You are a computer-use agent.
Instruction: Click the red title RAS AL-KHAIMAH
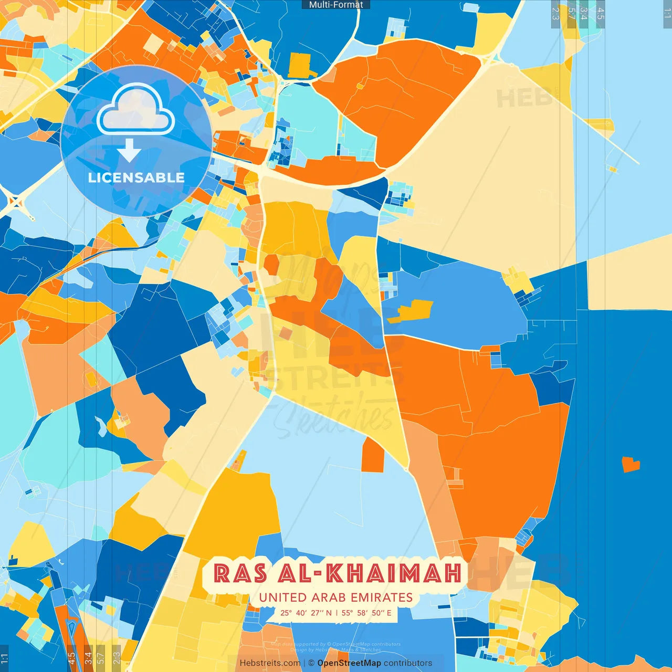[x=338, y=573]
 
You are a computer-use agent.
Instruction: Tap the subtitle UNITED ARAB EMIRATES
[x=336, y=597]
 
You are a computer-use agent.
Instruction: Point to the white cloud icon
[x=136, y=110]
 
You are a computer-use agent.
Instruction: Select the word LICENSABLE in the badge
[x=136, y=177]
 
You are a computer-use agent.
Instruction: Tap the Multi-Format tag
[x=336, y=5]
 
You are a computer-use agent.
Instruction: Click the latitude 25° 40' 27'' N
[x=306, y=613]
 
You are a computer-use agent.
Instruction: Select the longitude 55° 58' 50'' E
[x=366, y=613]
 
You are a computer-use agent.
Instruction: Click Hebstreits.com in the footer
[x=270, y=663]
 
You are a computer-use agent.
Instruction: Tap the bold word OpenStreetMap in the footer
[x=349, y=663]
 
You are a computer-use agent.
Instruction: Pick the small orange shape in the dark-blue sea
[x=631, y=464]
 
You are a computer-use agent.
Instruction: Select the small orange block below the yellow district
[x=373, y=455]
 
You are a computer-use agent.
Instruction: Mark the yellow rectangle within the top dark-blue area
[x=299, y=66]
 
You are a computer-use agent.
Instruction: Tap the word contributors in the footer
[x=408, y=663]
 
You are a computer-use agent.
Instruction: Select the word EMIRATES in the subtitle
[x=382, y=597]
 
